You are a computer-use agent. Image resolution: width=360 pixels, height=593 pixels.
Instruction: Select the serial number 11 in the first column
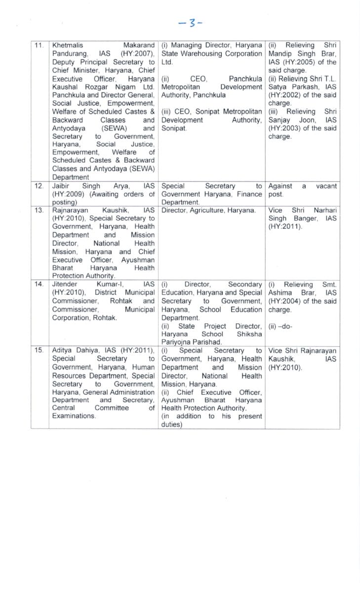pyautogui.click(x=40, y=46)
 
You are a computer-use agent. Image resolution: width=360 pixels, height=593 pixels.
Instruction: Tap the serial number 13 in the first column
pyautogui.click(x=40, y=211)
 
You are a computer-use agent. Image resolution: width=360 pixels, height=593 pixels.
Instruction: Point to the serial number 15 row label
pyautogui.click(x=40, y=350)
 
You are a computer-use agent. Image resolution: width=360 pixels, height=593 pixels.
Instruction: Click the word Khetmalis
pyautogui.click(x=68, y=46)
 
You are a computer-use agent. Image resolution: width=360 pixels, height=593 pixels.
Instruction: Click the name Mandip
pyautogui.click(x=280, y=54)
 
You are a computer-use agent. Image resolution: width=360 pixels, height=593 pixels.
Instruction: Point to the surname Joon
pyautogui.click(x=305, y=120)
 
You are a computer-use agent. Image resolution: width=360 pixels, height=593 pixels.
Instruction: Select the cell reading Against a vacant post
pyautogui.click(x=302, y=190)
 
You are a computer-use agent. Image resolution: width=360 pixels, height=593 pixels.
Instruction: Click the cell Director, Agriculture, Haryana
pyautogui.click(x=209, y=211)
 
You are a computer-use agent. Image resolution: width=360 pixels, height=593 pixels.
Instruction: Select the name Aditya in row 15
pyautogui.click(x=63, y=350)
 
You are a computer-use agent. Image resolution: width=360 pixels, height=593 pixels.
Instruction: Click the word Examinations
pyautogui.click(x=74, y=416)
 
